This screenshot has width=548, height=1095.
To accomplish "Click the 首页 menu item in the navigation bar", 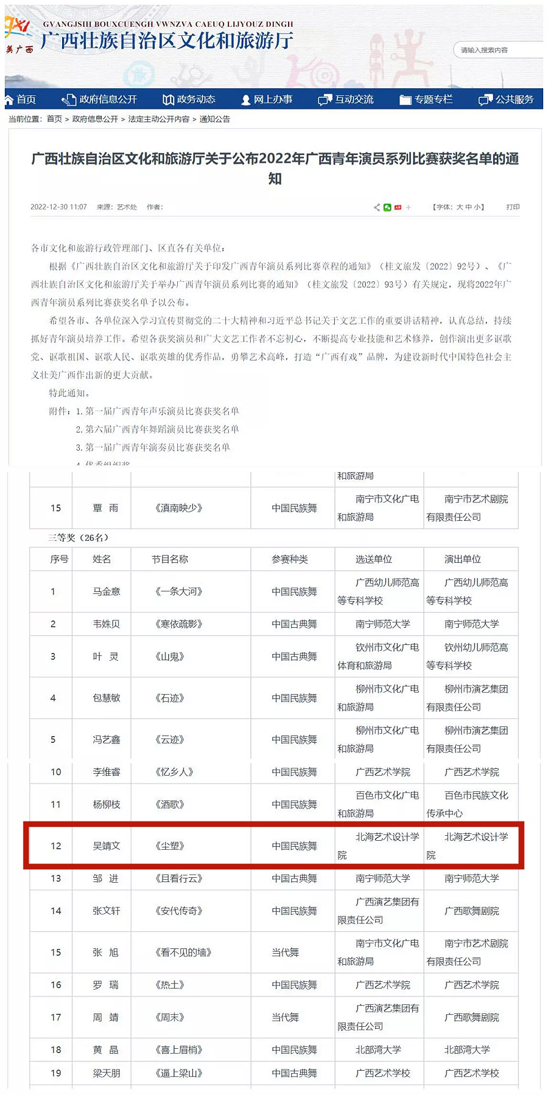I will pyautogui.click(x=21, y=99).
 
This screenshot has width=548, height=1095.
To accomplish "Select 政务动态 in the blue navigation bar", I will pyautogui.click(x=189, y=99).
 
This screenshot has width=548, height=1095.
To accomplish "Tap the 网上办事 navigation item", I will pyautogui.click(x=267, y=99).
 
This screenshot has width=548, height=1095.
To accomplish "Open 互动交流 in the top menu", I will pyautogui.click(x=346, y=99).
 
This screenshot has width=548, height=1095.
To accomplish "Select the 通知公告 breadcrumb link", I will pyautogui.click(x=215, y=119).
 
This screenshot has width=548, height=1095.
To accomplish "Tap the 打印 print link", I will pyautogui.click(x=513, y=207).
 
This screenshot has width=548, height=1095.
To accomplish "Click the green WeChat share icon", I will pyautogui.click(x=387, y=207).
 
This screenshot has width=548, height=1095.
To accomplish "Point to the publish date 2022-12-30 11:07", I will pyautogui.click(x=58, y=207).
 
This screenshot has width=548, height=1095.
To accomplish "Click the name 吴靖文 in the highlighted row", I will pyautogui.click(x=107, y=846).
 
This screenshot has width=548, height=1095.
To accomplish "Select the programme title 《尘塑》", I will pyautogui.click(x=170, y=846).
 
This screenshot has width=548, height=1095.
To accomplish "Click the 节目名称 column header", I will pyautogui.click(x=170, y=559).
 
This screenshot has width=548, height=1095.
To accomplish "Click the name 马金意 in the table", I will pyautogui.click(x=107, y=591).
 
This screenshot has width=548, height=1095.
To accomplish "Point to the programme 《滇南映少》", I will pyautogui.click(x=179, y=508).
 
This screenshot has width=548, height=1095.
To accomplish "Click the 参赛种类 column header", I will pyautogui.click(x=290, y=559).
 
